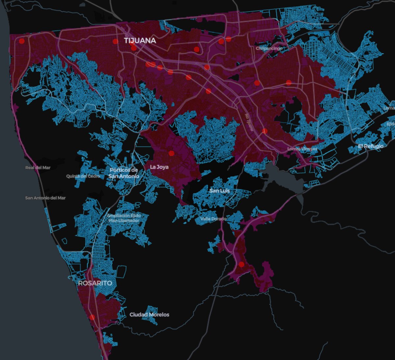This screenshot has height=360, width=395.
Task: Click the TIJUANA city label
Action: tap(140, 40)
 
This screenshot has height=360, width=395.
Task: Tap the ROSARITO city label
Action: tap(95, 283)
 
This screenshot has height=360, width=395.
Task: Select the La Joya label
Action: tap(159, 167)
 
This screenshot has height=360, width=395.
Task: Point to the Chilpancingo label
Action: tap(269, 48)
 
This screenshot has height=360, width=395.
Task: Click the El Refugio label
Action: tap(371, 146)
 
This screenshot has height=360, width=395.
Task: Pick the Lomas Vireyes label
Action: tap(302, 149)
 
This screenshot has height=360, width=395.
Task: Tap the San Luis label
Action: tap(220, 191)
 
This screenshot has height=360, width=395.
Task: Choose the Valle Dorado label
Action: tap(213, 219)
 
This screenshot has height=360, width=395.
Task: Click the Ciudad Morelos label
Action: tap(149, 315)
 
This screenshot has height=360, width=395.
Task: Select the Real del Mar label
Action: tap(38, 167)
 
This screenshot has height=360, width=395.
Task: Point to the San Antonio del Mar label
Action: tap(45, 198)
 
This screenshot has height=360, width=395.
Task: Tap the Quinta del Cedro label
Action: tap(83, 176)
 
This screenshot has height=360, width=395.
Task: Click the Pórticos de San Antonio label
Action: tap(124, 173)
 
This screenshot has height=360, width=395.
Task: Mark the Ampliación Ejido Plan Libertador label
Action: tap(124, 218)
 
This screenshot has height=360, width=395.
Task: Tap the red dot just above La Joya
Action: tap(171, 153)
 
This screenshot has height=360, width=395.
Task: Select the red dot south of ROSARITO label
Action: tap(92, 317)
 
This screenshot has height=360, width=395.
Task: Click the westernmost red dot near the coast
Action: tap(22, 41)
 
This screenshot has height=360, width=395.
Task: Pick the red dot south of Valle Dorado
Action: tap(241, 265)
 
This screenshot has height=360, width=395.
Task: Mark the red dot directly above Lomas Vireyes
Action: tap(265, 131)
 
